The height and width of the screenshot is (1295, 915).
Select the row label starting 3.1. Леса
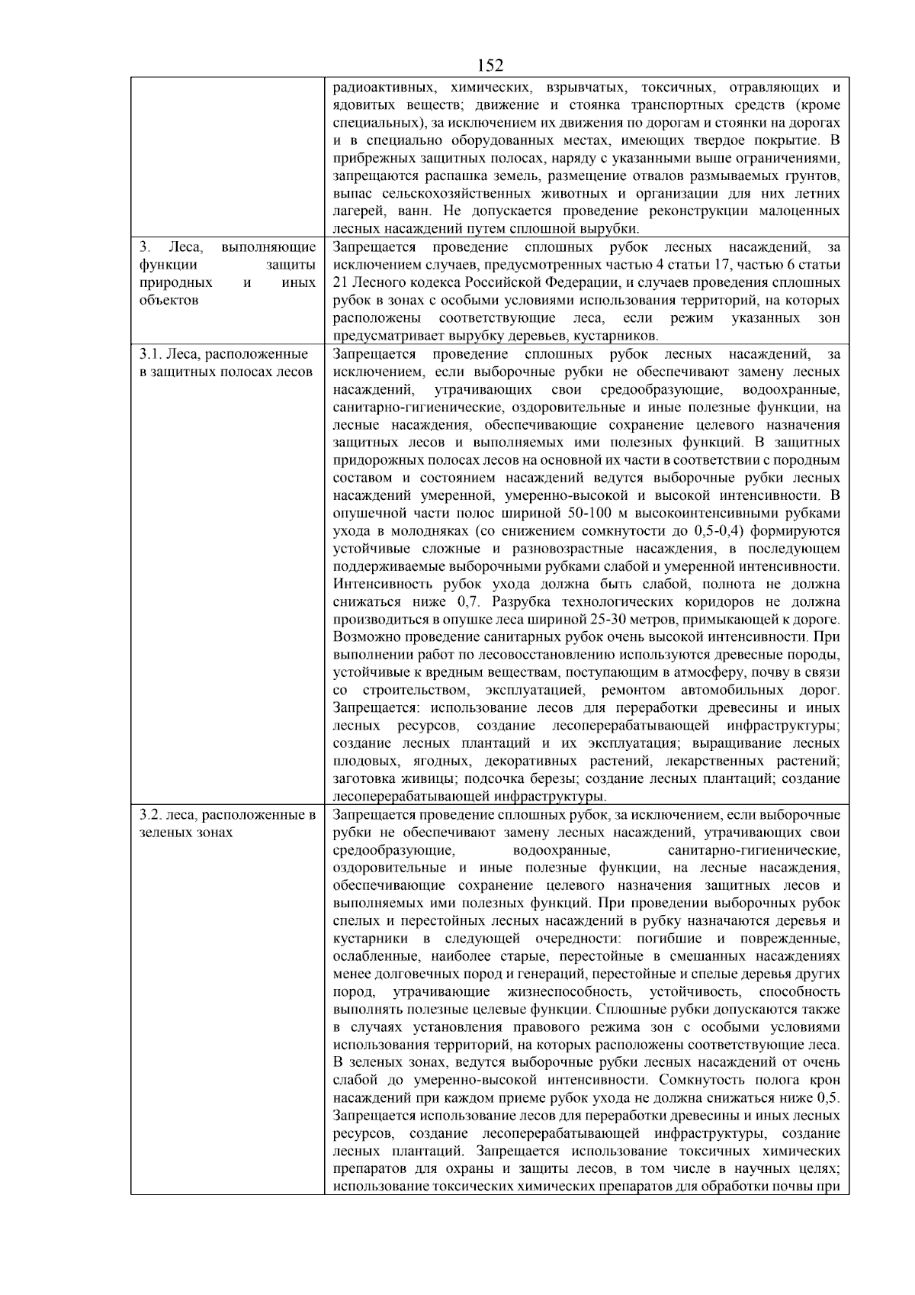225,354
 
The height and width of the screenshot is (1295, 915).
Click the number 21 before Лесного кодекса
342,282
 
